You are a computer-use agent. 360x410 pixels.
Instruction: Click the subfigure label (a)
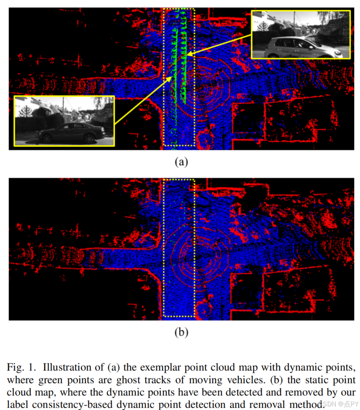pyautogui.click(x=181, y=162)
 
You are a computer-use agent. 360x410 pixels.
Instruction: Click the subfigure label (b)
pyautogui.click(x=181, y=333)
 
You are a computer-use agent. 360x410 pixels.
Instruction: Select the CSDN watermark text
pyautogui.click(x=338, y=404)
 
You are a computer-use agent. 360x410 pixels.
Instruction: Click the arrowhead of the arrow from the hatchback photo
pyautogui.click(x=189, y=54)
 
